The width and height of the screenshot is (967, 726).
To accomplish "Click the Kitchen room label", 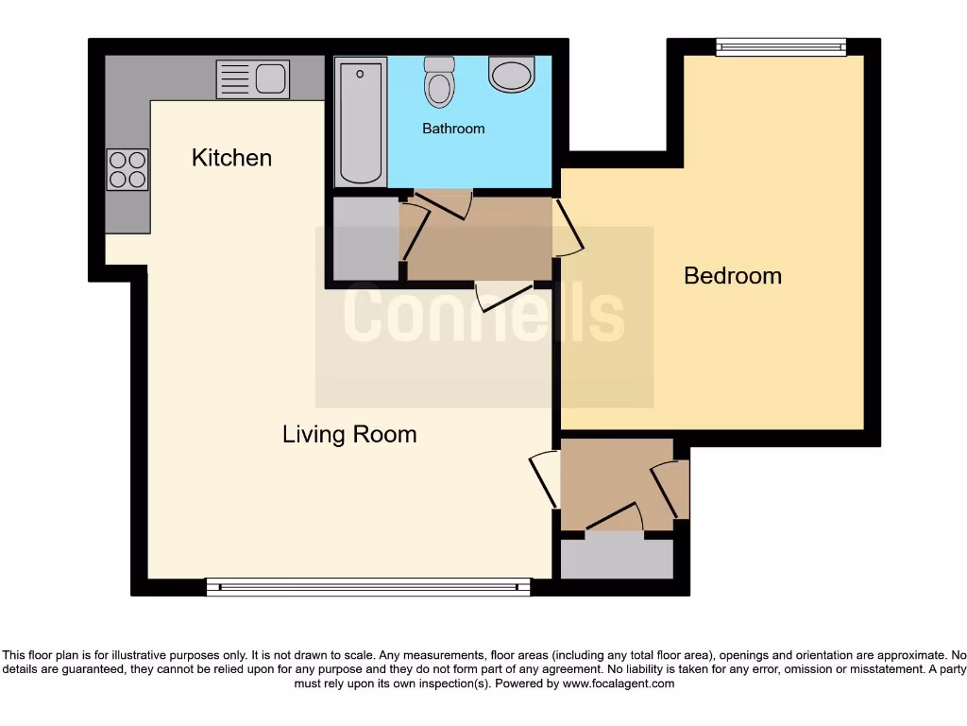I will [x=231, y=158].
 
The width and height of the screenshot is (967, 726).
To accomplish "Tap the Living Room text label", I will [x=349, y=435].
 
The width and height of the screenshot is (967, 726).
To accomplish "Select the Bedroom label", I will [x=733, y=276].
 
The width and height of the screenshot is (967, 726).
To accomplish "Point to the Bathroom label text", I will [x=453, y=129].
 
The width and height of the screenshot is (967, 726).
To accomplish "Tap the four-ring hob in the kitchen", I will [x=127, y=170].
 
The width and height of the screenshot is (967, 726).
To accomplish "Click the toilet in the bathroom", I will [x=439, y=82].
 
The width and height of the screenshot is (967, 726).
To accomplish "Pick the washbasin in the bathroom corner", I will [x=512, y=74].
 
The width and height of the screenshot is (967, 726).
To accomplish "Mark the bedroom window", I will [x=780, y=47].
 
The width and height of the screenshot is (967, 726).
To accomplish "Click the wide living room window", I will [x=368, y=587].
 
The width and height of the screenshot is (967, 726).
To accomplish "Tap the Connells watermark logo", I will [x=483, y=316].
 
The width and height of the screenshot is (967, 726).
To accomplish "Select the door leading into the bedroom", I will [x=568, y=228].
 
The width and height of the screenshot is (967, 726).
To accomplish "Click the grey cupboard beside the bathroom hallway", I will [x=365, y=238].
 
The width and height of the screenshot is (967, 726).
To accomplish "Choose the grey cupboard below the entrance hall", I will [x=617, y=558].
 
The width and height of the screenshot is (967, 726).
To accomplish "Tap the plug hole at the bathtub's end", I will [x=360, y=73].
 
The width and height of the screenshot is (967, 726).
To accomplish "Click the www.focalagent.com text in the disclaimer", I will [x=619, y=683].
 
